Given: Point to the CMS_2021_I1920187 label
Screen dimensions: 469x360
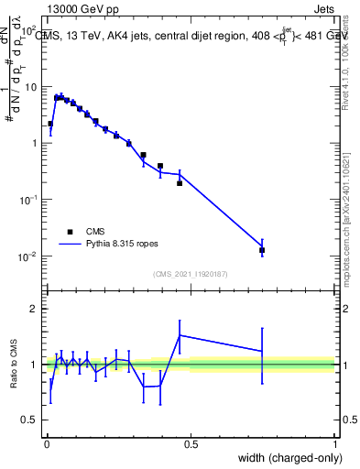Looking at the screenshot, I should coord(190,273).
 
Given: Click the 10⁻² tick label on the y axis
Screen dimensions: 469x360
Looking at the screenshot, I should coord(30,256).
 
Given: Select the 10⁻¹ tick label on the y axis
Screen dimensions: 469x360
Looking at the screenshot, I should coord(30,199).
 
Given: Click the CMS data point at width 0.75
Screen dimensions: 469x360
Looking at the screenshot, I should coord(262,250).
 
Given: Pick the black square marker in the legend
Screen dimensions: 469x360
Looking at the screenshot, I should coord(69,232).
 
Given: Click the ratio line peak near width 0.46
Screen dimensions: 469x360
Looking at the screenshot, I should coord(180,335).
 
